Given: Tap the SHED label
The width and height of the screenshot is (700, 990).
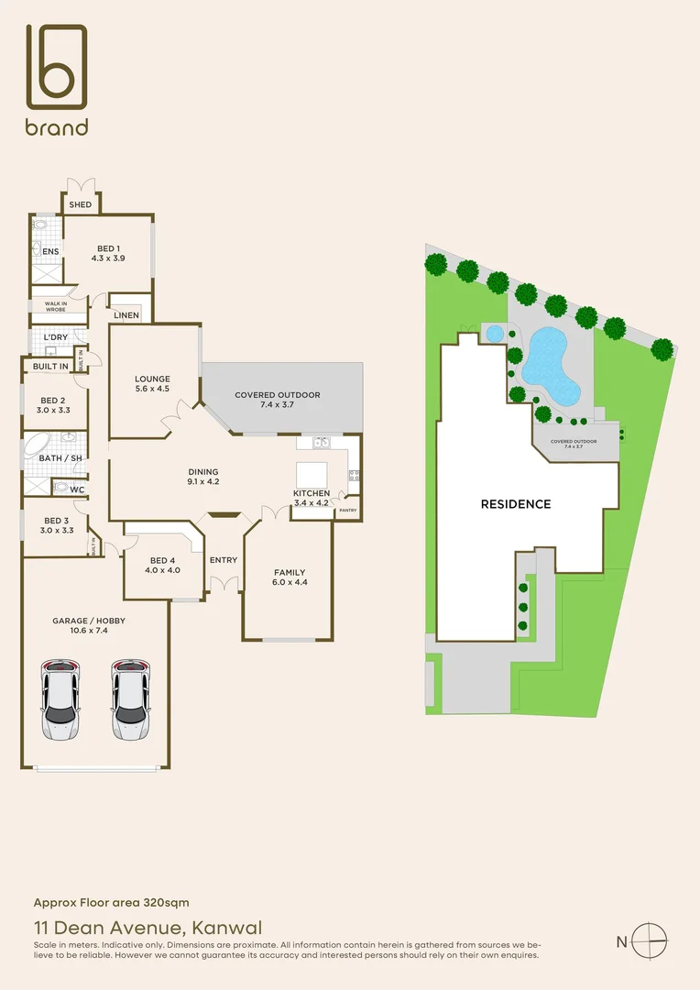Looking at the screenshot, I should [x=81, y=204].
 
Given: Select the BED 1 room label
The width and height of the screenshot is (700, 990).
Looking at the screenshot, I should [x=108, y=254].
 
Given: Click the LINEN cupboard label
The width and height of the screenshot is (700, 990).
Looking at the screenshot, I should [x=126, y=315].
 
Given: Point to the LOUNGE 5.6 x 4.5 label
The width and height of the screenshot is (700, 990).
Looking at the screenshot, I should [x=152, y=384].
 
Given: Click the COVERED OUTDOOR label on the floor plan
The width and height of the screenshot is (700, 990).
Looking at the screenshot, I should [x=278, y=400].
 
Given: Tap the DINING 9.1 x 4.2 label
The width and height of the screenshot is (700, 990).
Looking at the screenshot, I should [x=202, y=476].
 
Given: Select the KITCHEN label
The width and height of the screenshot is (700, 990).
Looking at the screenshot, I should [x=311, y=498].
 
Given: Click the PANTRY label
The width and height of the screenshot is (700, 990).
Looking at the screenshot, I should [x=347, y=511].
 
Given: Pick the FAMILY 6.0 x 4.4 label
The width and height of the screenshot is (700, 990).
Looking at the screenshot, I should [x=290, y=577].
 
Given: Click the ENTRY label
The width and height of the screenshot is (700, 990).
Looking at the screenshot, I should [x=223, y=560].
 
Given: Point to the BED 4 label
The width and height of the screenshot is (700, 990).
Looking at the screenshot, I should [x=161, y=565].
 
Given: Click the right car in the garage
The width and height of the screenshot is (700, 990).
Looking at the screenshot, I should [x=130, y=698].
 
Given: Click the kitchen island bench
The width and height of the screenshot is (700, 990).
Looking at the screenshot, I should [x=311, y=473].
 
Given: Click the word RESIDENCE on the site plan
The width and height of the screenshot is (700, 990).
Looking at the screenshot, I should [x=516, y=504].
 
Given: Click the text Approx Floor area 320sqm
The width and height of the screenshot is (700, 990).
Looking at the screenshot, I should [x=112, y=903].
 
